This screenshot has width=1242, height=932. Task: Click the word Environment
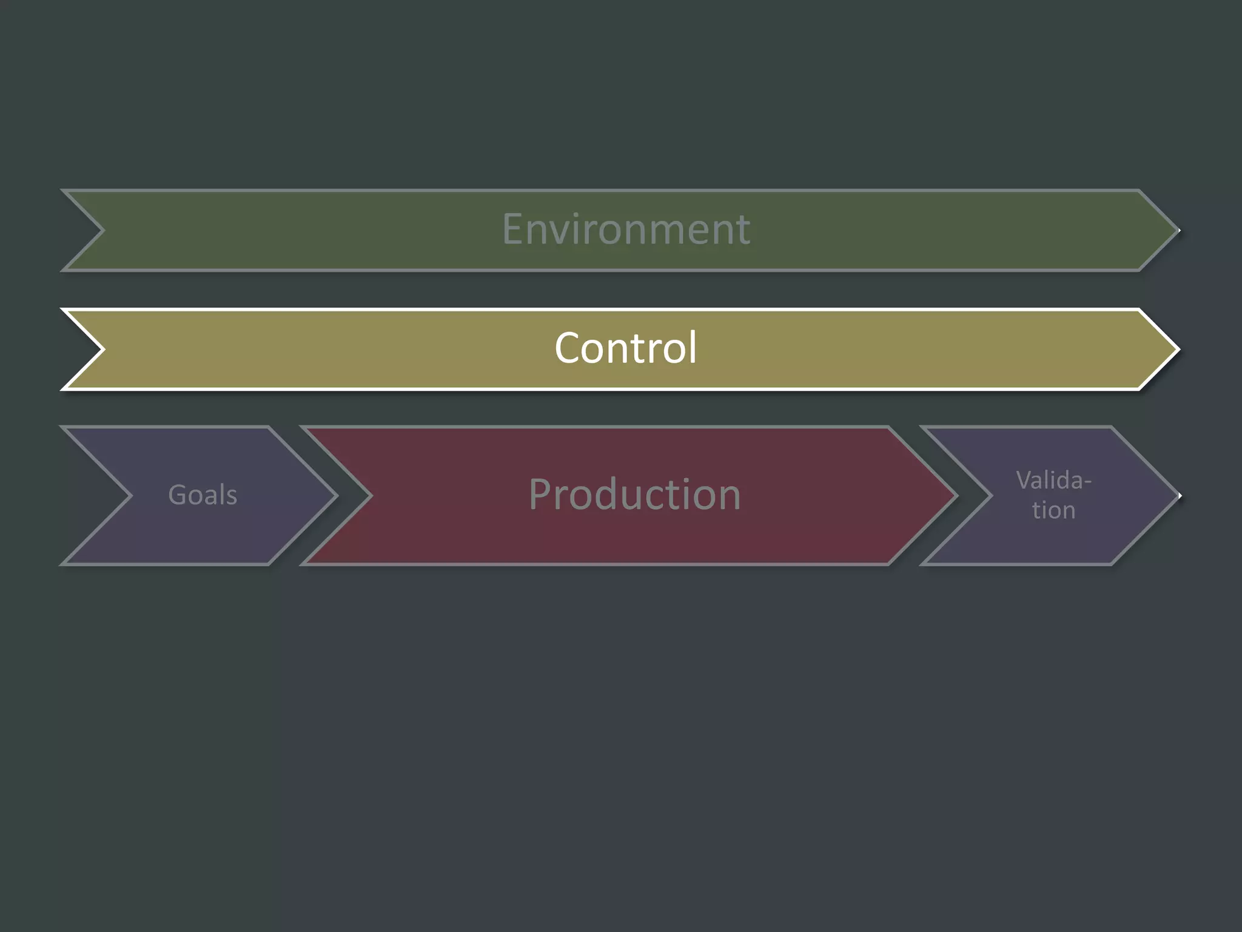click(626, 229)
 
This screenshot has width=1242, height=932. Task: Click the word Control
click(626, 348)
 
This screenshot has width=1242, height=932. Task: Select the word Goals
click(203, 495)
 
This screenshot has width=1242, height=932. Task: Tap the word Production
click(634, 495)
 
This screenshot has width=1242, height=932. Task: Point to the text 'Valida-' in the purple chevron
click(1053, 481)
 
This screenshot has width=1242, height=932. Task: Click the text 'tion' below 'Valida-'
click(1053, 510)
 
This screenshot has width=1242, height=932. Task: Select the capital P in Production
click(541, 495)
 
